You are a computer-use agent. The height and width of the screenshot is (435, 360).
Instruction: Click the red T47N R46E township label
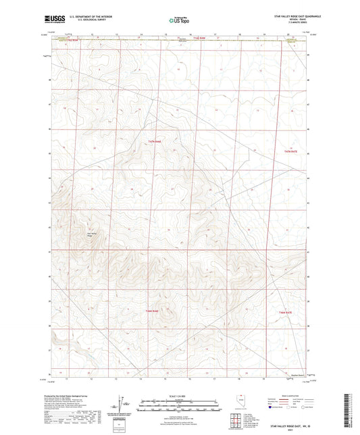(155, 142)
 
